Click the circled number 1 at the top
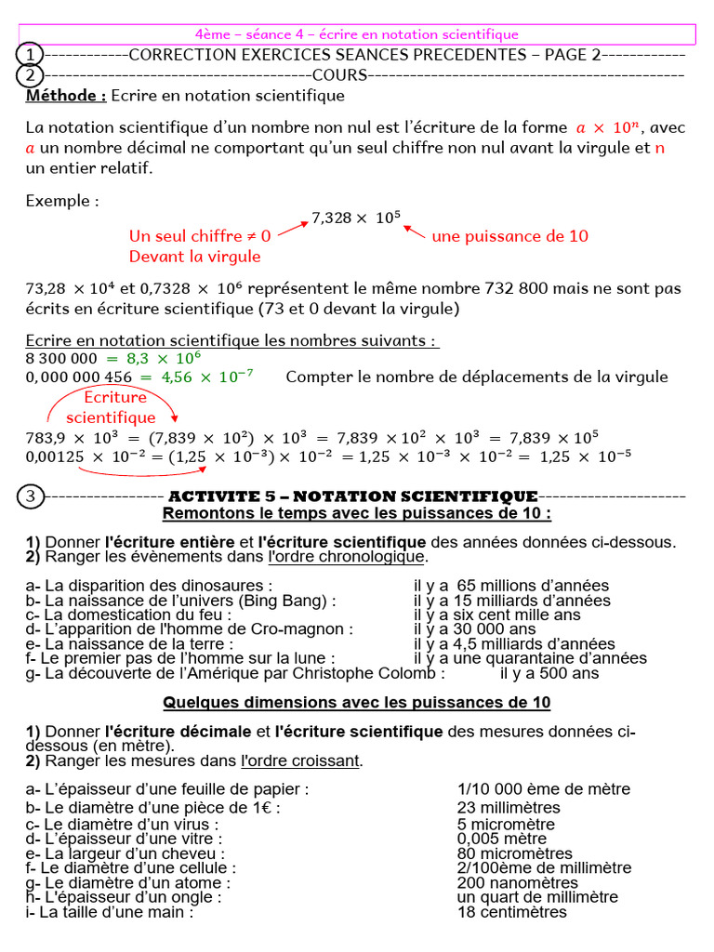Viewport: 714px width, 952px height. coord(31,55)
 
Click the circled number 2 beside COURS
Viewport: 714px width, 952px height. coord(31,74)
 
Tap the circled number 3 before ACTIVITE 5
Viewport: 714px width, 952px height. coord(31,496)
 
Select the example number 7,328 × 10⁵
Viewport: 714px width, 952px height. coord(356,218)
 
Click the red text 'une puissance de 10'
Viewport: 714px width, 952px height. coord(509,236)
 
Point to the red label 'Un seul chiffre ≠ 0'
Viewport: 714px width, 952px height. coord(200,236)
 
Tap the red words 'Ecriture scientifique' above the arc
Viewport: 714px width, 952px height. coord(112,408)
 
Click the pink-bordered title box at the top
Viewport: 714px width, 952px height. coord(357,34)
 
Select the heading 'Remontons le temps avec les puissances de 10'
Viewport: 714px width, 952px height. coord(357,513)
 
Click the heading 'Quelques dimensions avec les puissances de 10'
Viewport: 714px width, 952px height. coord(357,702)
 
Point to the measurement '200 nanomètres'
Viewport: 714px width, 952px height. coord(517,882)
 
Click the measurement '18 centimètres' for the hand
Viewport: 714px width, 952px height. coord(511,912)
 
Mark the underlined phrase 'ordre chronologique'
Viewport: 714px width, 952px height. coord(345,557)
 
